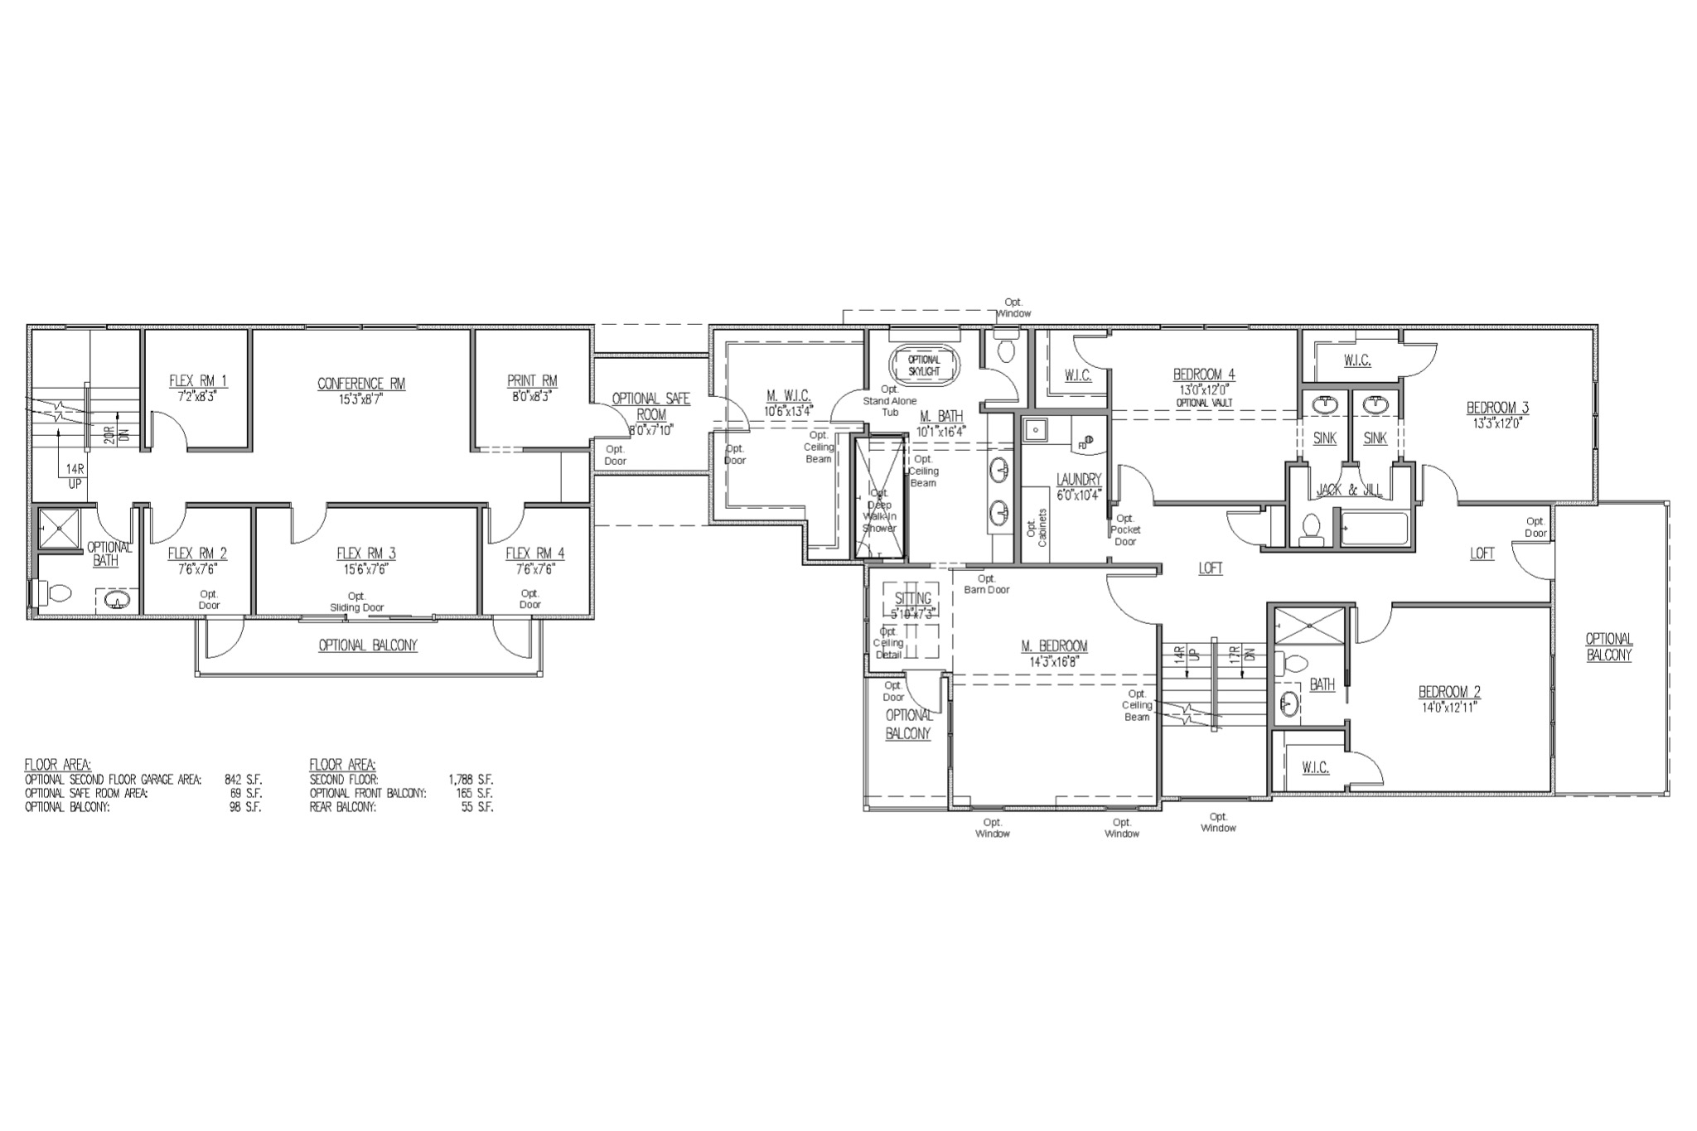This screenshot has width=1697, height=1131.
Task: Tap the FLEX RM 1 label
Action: [x=198, y=381]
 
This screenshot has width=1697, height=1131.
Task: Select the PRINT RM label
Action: [x=532, y=381]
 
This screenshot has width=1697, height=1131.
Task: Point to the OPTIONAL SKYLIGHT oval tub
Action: [x=924, y=365]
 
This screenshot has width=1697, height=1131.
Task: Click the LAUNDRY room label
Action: [x=1079, y=480]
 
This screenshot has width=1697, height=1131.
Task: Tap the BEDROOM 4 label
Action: [x=1204, y=374]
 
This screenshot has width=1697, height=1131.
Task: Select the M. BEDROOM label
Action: [x=1054, y=646]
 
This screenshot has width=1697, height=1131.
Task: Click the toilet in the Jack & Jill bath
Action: [x=1311, y=529]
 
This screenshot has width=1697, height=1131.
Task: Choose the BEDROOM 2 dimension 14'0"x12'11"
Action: [x=1449, y=707]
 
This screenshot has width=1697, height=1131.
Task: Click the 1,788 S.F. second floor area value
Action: [x=471, y=780]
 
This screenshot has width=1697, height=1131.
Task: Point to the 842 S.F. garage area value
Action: [x=243, y=780]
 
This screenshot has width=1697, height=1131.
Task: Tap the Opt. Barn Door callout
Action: [x=986, y=584]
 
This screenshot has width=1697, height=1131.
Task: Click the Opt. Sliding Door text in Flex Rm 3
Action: [x=356, y=602]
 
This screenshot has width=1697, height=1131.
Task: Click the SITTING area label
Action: [x=912, y=598]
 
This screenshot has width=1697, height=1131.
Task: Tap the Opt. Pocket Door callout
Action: [x=1125, y=529]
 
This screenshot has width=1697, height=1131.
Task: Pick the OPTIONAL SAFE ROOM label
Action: [x=650, y=406]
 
